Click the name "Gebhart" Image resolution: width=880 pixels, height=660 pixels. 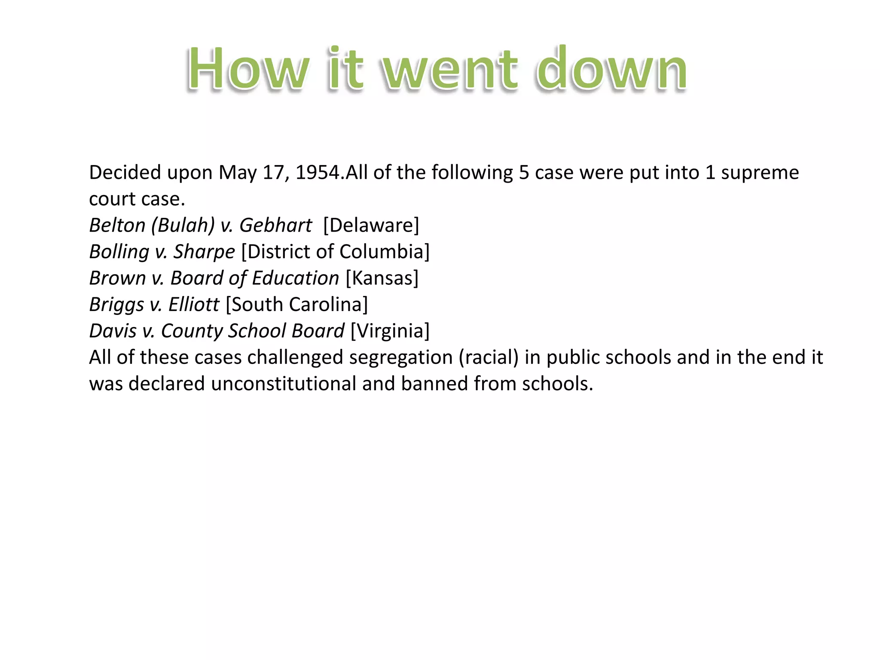click(275, 225)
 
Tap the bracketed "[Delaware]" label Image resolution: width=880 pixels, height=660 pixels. click(371, 225)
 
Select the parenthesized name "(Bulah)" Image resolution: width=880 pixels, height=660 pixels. click(183, 225)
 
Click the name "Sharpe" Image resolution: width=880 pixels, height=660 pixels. click(204, 252)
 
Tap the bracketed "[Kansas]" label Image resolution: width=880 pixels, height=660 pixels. click(382, 278)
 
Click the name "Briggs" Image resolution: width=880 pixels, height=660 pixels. click(116, 305)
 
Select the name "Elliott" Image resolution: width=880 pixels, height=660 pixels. click(194, 305)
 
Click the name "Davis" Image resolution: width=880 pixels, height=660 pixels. click(113, 331)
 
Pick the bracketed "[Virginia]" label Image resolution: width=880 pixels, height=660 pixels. click(390, 331)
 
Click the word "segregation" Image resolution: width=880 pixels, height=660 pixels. click(401, 357)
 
